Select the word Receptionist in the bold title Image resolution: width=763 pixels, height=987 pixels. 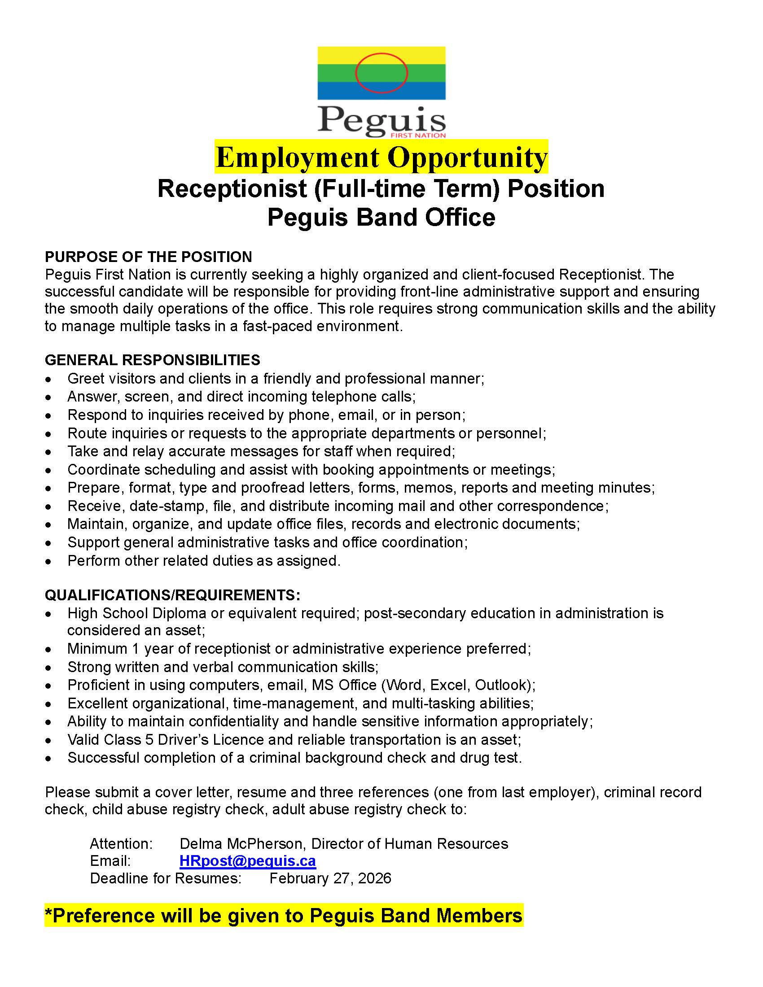point(232,188)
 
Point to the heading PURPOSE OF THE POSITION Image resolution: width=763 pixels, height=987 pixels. point(148,257)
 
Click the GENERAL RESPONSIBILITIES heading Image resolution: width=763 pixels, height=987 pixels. point(152,360)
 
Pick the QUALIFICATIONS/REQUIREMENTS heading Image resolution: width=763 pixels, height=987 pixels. point(172,595)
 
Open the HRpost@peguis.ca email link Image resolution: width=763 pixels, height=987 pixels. point(247,860)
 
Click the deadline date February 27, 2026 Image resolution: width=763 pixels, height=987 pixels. point(330,878)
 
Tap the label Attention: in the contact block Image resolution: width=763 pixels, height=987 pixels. point(121,843)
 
